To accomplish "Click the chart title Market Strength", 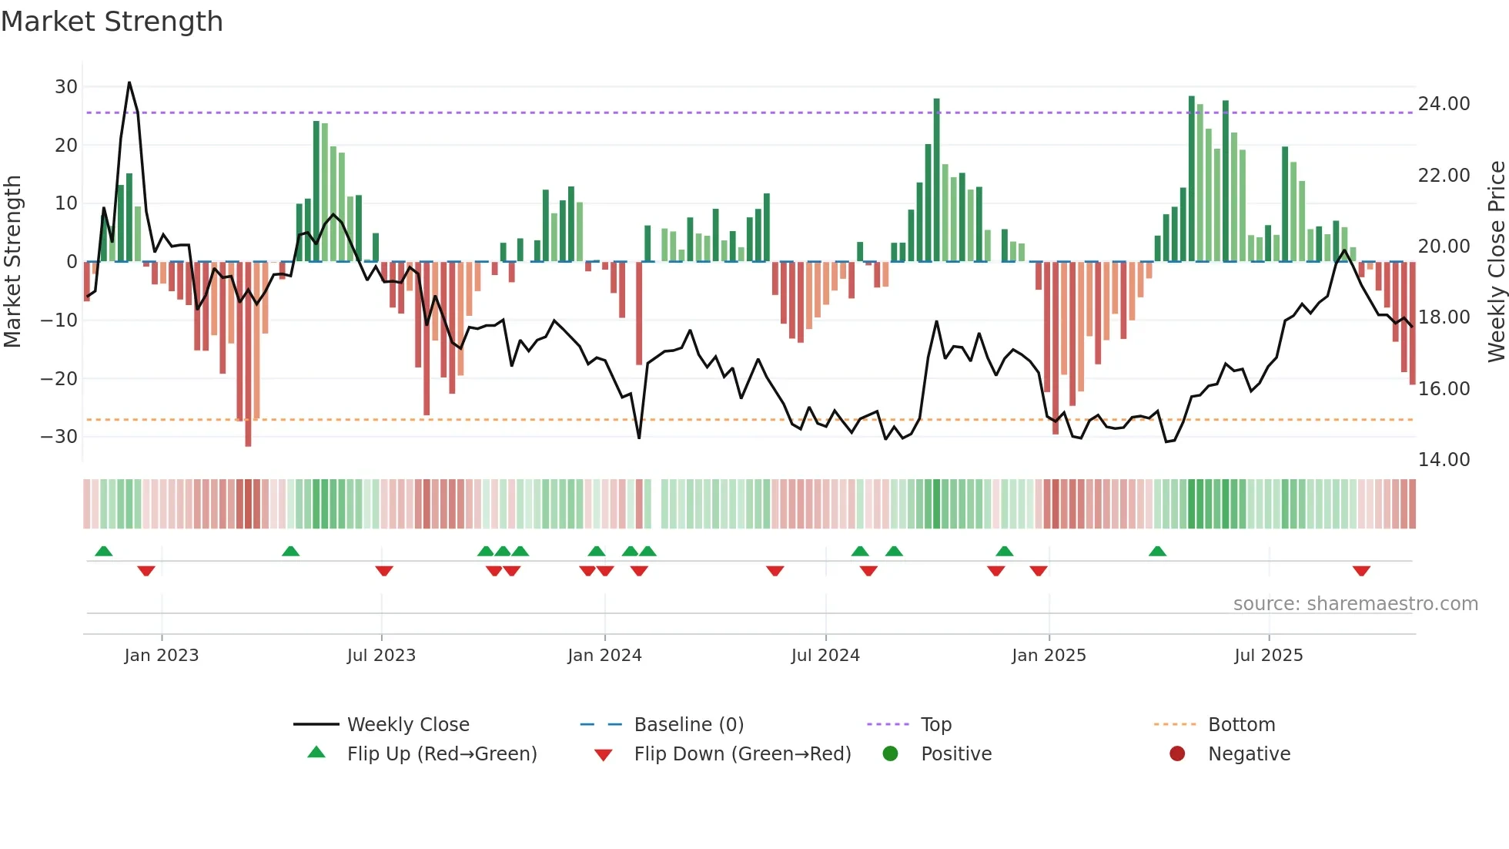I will click(x=112, y=22).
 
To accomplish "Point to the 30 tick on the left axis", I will click(x=65, y=87).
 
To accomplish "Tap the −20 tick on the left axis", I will click(x=59, y=378).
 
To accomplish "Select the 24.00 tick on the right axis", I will click(x=1444, y=104).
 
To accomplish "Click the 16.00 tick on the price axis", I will click(x=1444, y=389).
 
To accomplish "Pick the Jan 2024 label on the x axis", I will click(x=604, y=656).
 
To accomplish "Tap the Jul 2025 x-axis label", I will click(x=1268, y=656).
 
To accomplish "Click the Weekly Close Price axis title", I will click(x=1496, y=262).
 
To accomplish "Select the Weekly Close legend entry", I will click(x=407, y=725).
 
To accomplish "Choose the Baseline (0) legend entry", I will click(x=688, y=725).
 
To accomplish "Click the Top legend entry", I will click(x=936, y=725).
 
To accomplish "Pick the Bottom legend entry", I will click(x=1241, y=725).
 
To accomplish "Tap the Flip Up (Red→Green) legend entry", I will click(x=441, y=754).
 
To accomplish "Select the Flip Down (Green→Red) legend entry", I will click(x=742, y=754).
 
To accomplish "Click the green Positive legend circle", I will click(x=891, y=754).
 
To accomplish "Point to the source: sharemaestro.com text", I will click(x=1355, y=604).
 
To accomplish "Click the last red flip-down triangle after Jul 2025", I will click(x=1361, y=571).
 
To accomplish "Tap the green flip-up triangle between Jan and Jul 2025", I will click(x=1157, y=551).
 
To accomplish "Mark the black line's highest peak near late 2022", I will click(x=129, y=82).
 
